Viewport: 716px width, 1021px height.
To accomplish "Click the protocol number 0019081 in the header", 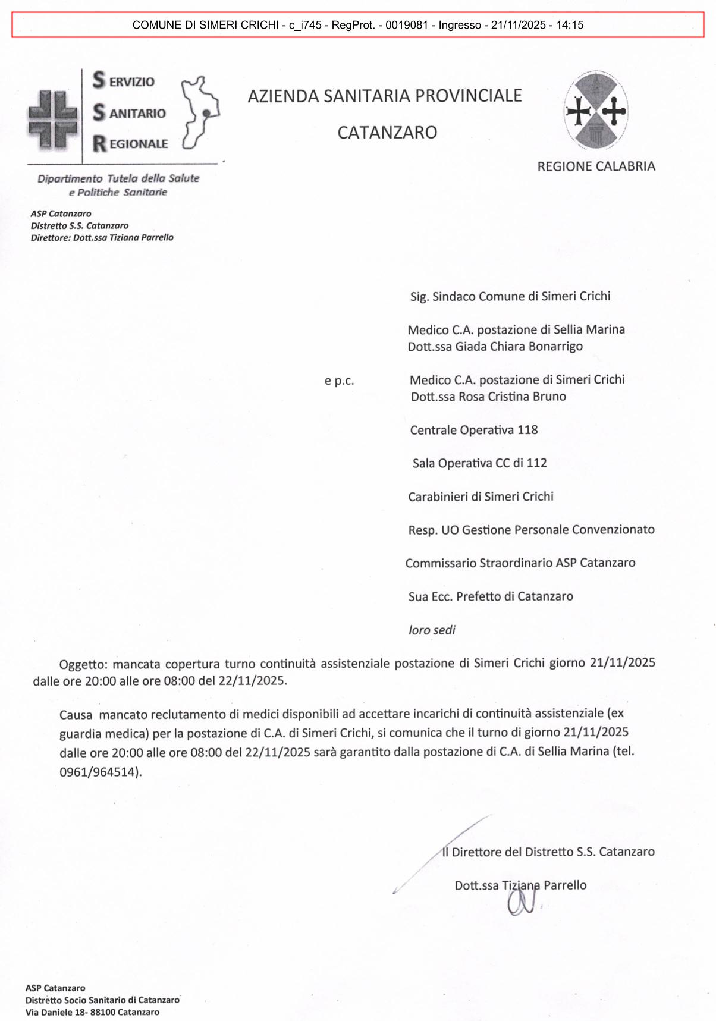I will tap(406, 25).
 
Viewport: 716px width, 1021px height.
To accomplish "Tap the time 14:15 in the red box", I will tap(570, 25).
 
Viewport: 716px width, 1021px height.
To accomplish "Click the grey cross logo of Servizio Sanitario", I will tap(52, 119).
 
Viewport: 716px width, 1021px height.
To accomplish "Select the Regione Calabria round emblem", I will tap(596, 111).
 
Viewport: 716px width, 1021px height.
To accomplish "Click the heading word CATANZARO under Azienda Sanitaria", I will tap(387, 133).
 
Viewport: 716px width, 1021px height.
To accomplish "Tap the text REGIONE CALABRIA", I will tap(596, 166).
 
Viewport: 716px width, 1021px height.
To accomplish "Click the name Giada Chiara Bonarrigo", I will tap(519, 346).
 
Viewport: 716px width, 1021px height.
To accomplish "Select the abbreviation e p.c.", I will tap(339, 381).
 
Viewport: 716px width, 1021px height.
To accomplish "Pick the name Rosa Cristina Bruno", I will tap(512, 397).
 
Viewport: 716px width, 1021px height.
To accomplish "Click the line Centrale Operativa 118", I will tap(473, 430).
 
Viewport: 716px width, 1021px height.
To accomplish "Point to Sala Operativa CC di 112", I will tap(479, 463).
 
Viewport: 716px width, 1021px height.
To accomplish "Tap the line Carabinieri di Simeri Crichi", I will tap(481, 497).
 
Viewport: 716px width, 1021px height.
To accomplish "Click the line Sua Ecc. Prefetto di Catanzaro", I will tap(491, 596).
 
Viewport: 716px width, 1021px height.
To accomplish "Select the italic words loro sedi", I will tap(432, 630).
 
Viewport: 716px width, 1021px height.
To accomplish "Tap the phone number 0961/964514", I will tap(99, 772).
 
